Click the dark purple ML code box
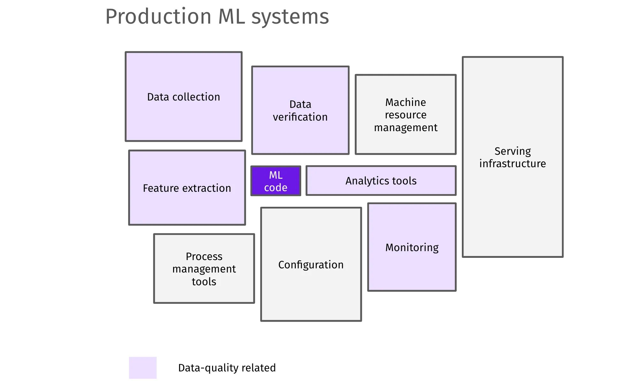coord(276,181)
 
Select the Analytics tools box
coord(381,181)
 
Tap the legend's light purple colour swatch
coord(143,368)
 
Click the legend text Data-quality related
coord(227,368)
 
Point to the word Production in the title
coord(158,17)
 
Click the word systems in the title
coord(290,17)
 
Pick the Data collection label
coord(183,97)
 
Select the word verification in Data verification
coord(300,117)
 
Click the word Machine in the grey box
coord(405,102)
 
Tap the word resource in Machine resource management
coord(405,115)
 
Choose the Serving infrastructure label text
coord(512,157)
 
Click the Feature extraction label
coord(187,188)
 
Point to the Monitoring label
coord(412,248)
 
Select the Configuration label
coord(311,265)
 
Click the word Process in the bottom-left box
coord(204,257)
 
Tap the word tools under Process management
coord(204,282)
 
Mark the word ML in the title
coord(231,17)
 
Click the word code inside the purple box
coord(276,188)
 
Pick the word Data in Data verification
coord(300,104)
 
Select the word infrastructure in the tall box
coord(512,164)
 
